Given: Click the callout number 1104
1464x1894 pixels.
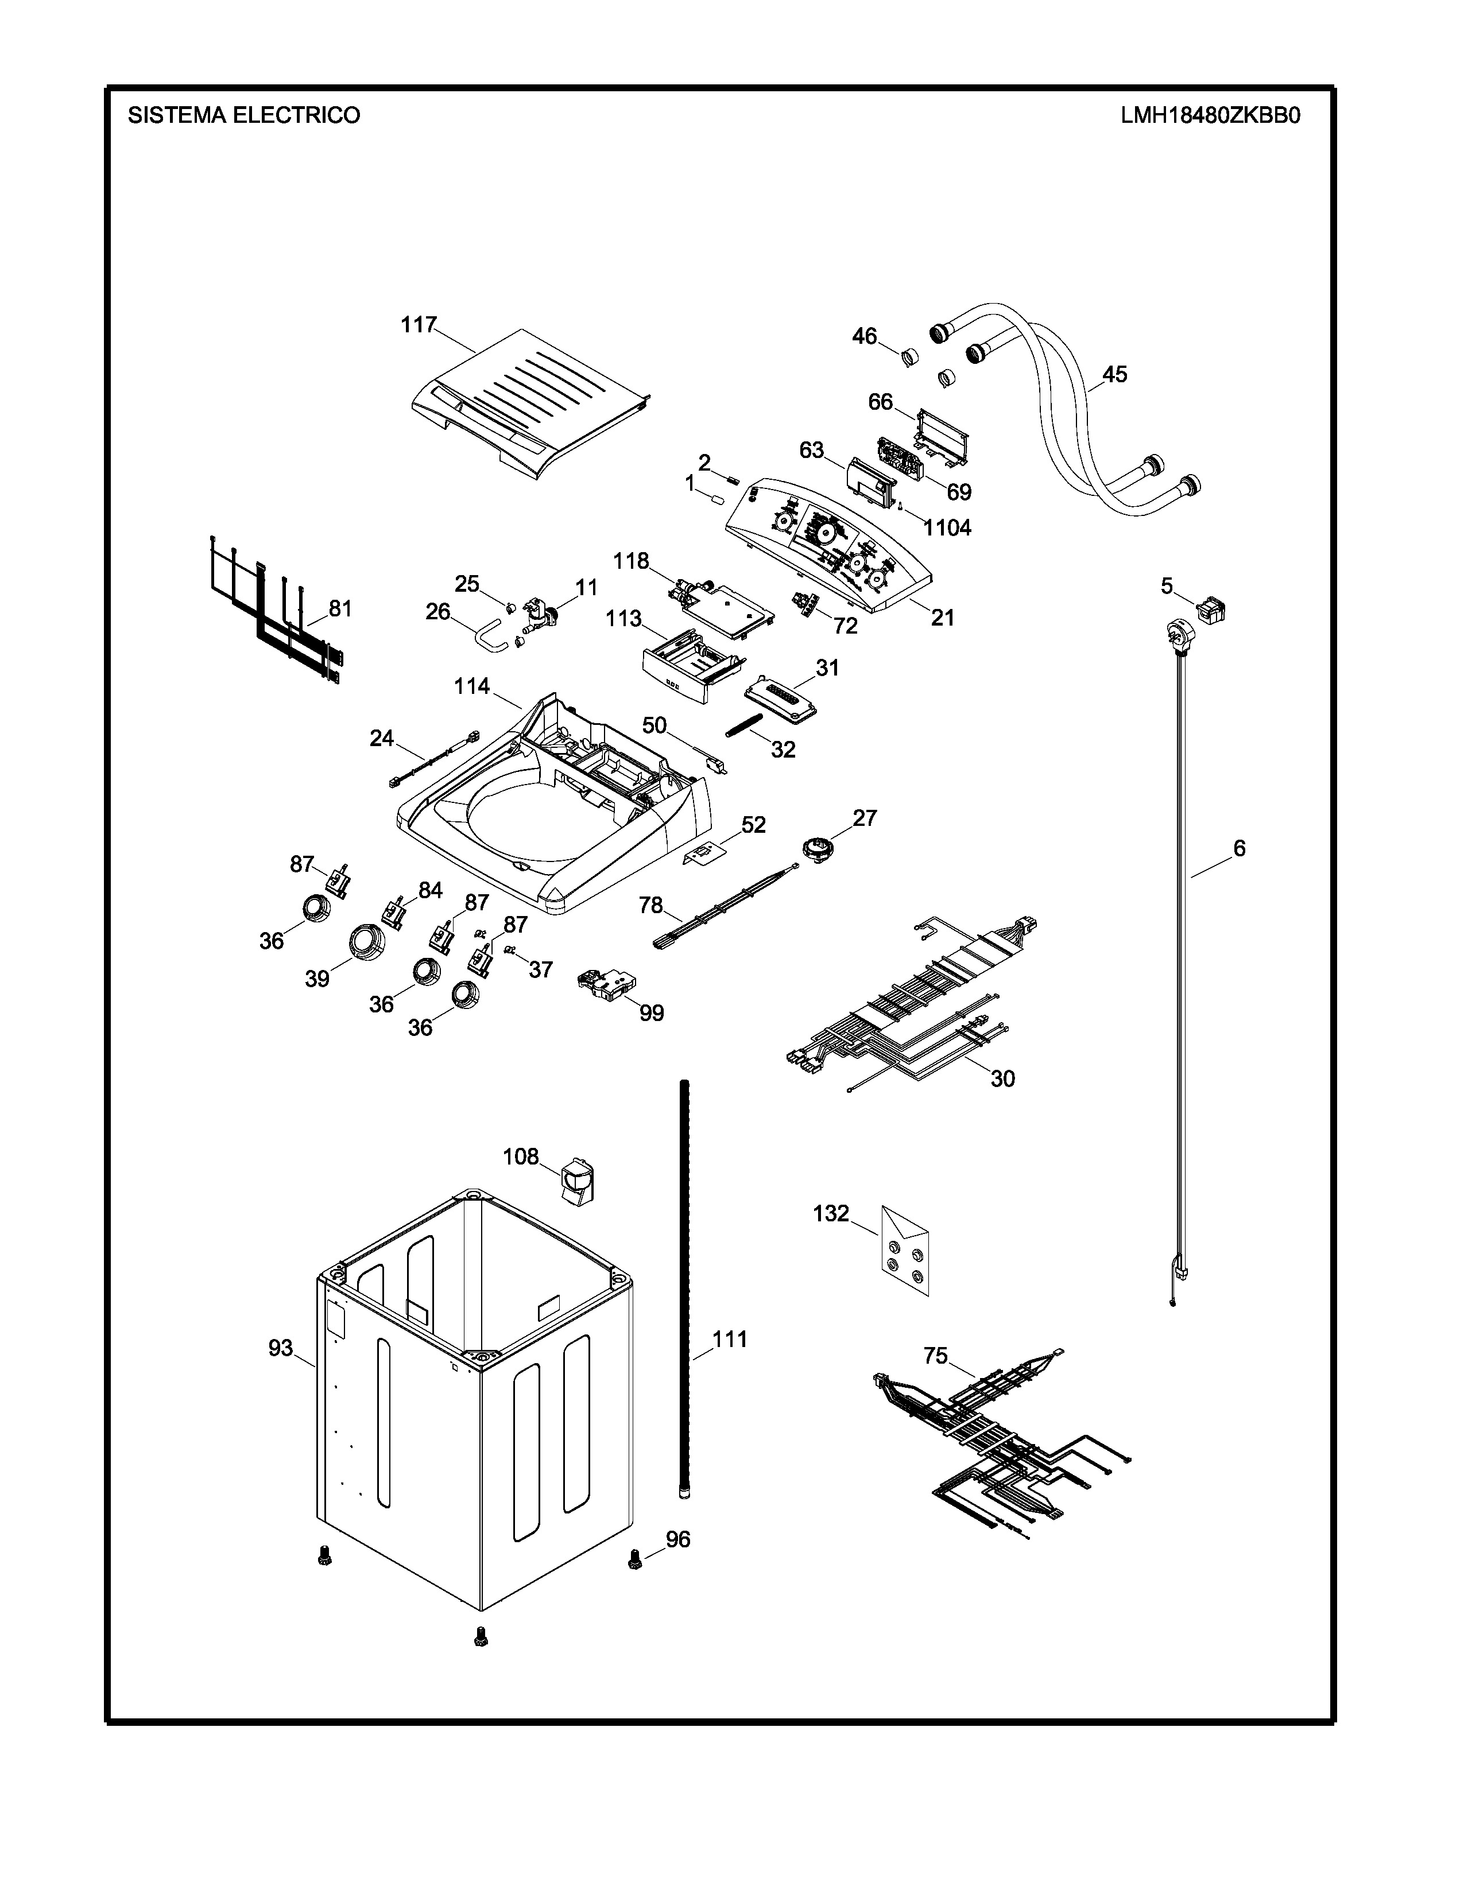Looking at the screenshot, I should pyautogui.click(x=947, y=527).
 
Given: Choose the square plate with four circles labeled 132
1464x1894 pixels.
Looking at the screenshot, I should pyautogui.click(x=905, y=1251).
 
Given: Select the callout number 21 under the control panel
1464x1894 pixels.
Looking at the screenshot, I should pyautogui.click(x=942, y=618).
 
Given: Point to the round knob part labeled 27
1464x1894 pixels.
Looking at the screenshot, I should pyautogui.click(x=817, y=847).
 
